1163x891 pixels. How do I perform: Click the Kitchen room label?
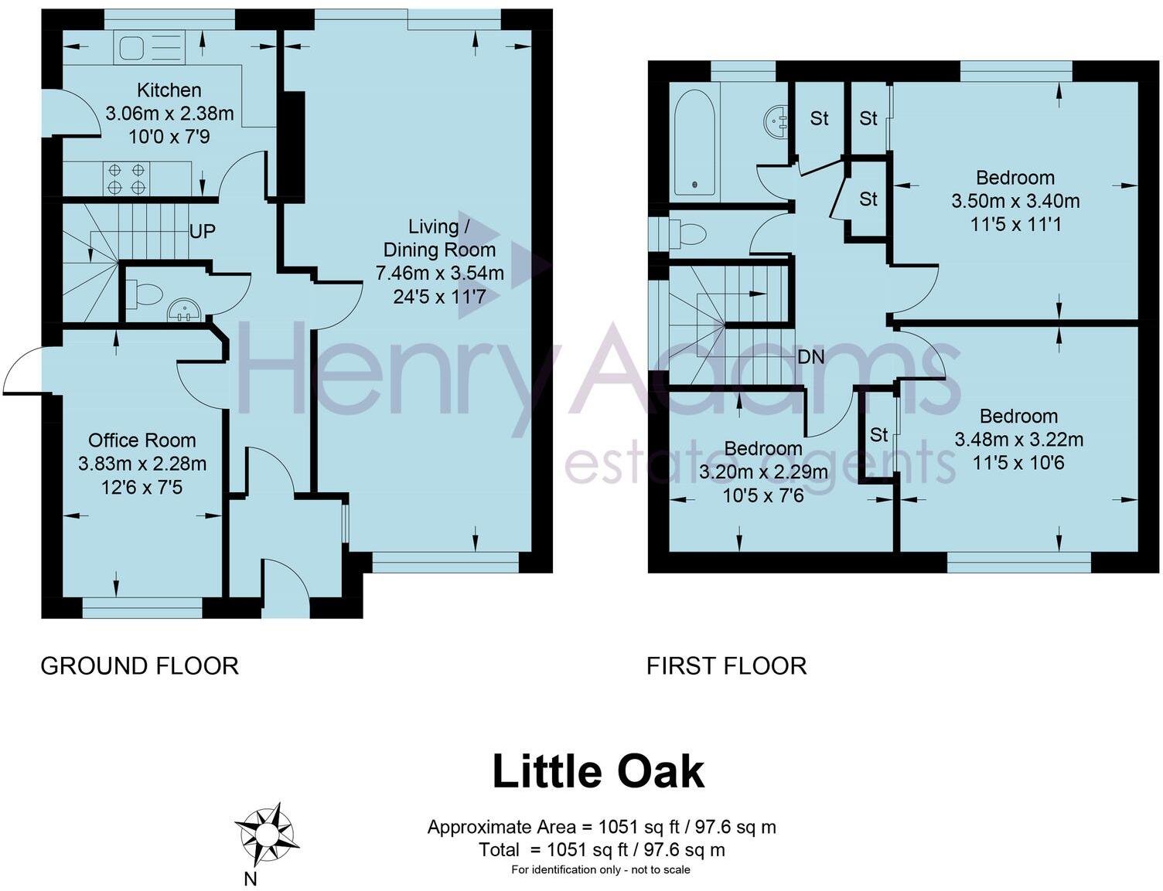point(169,90)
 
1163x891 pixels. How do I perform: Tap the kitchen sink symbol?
point(149,48)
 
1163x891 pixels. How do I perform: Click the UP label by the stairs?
point(202,231)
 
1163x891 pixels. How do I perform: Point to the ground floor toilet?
point(145,294)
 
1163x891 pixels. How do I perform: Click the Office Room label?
point(142,440)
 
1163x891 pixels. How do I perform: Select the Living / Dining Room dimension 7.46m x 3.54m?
point(439,273)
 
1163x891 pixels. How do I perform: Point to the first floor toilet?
point(687,233)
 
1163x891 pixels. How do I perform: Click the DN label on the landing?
point(810,357)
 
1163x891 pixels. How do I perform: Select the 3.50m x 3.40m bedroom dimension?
point(1015,201)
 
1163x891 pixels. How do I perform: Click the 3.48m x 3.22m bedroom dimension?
point(1018,440)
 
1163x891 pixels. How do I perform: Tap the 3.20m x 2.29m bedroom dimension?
point(762,472)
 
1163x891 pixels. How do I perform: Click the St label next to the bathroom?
point(819,118)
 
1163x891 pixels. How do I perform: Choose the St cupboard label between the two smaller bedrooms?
point(878,435)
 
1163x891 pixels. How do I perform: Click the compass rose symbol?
point(265,835)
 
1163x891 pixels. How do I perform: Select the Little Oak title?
point(598,771)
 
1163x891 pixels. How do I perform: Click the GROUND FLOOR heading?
point(139,665)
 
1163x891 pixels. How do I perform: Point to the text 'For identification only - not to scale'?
point(600,870)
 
